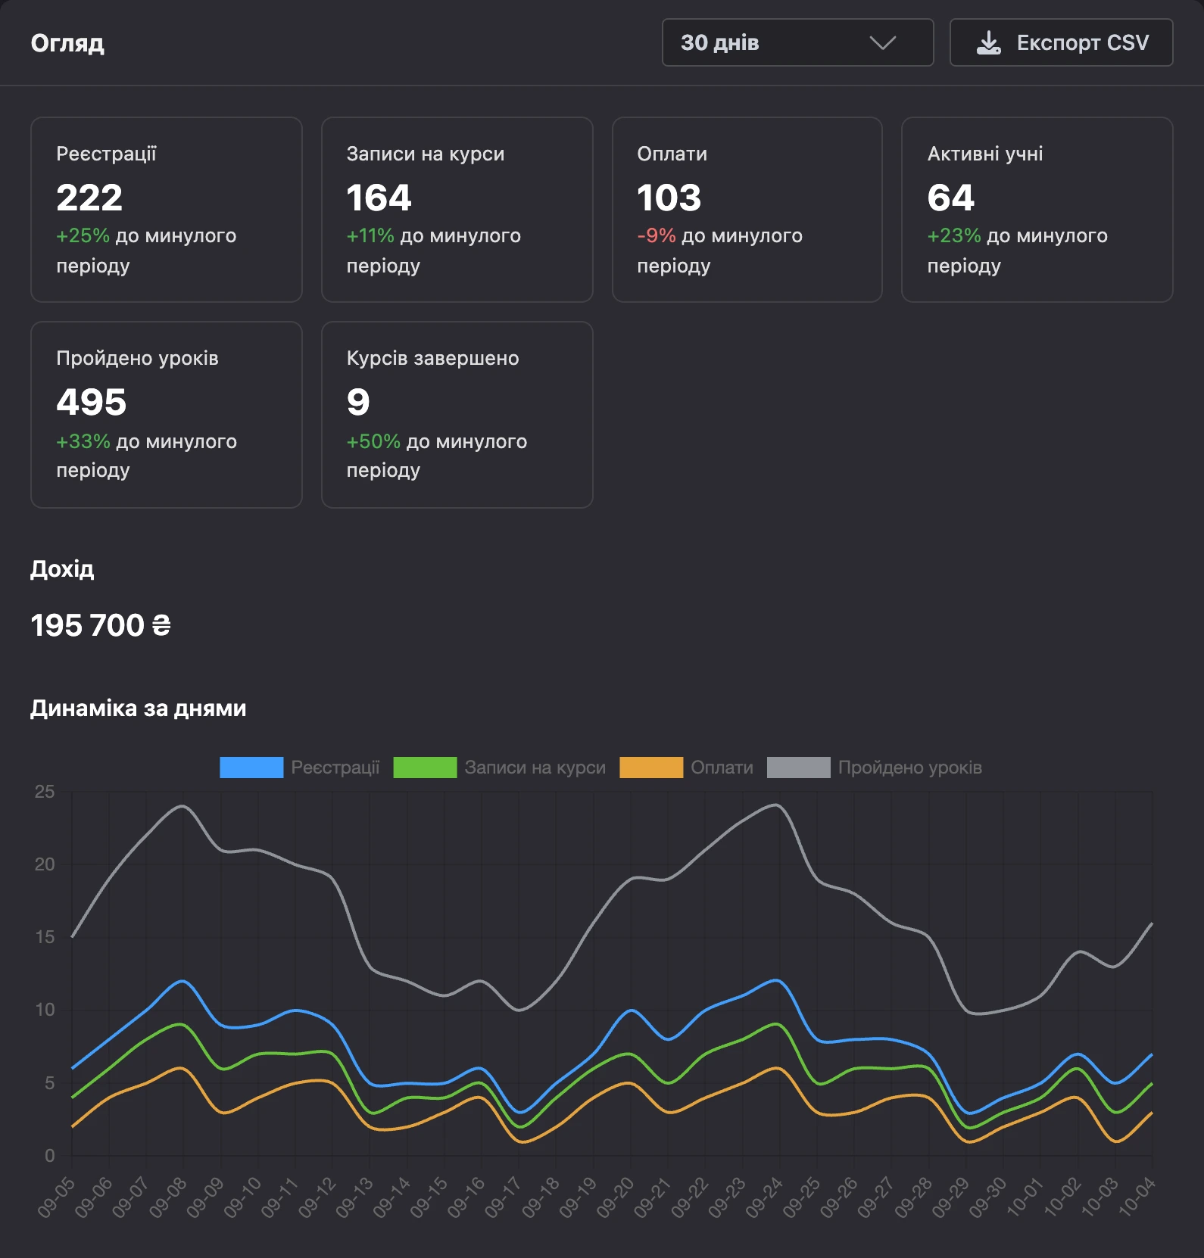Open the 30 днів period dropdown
point(797,42)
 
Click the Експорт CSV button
point(1061,42)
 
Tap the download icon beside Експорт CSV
point(988,43)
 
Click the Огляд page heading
point(67,43)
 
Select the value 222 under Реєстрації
point(89,198)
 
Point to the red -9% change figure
point(657,235)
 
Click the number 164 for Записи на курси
point(379,198)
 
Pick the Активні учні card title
point(985,154)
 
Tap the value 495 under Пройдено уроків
point(92,402)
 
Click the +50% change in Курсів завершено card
point(373,441)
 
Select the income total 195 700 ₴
point(101,625)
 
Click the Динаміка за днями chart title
point(139,708)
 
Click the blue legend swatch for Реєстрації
point(251,768)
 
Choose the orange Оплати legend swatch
point(651,768)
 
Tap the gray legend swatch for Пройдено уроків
point(799,768)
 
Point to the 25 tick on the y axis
point(45,792)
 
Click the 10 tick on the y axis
point(45,1010)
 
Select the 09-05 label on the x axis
point(56,1197)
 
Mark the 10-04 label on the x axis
point(1137,1197)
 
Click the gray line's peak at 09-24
point(778,805)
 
